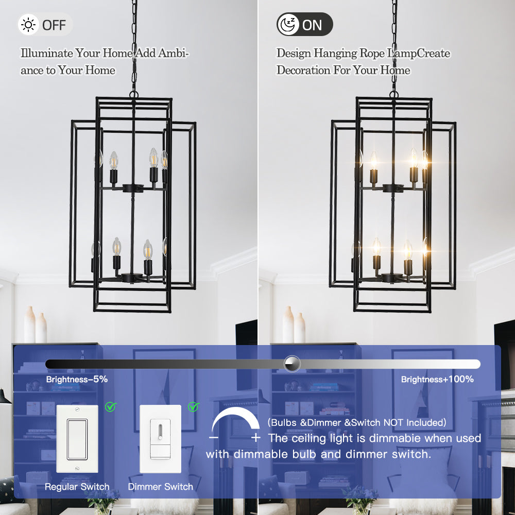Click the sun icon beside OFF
pyautogui.click(x=28, y=25)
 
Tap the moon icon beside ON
pyautogui.click(x=288, y=25)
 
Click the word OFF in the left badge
pyautogui.click(x=54, y=25)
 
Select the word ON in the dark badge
pyautogui.click(x=312, y=25)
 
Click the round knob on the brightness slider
pyautogui.click(x=292, y=364)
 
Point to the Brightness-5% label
pyautogui.click(x=77, y=380)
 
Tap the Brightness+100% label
pyautogui.click(x=437, y=380)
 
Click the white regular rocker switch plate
pyautogui.click(x=77, y=439)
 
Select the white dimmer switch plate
pyautogui.click(x=160, y=439)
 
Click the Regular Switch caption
pyautogui.click(x=77, y=487)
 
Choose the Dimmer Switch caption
pyautogui.click(x=160, y=487)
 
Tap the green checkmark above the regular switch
pyautogui.click(x=111, y=407)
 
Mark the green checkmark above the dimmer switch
pyautogui.click(x=194, y=407)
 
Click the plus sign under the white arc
pyautogui.click(x=255, y=438)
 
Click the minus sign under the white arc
pyautogui.click(x=214, y=438)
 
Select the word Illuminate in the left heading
pyautogui.click(x=47, y=53)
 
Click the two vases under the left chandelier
pyautogui.click(x=35, y=325)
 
